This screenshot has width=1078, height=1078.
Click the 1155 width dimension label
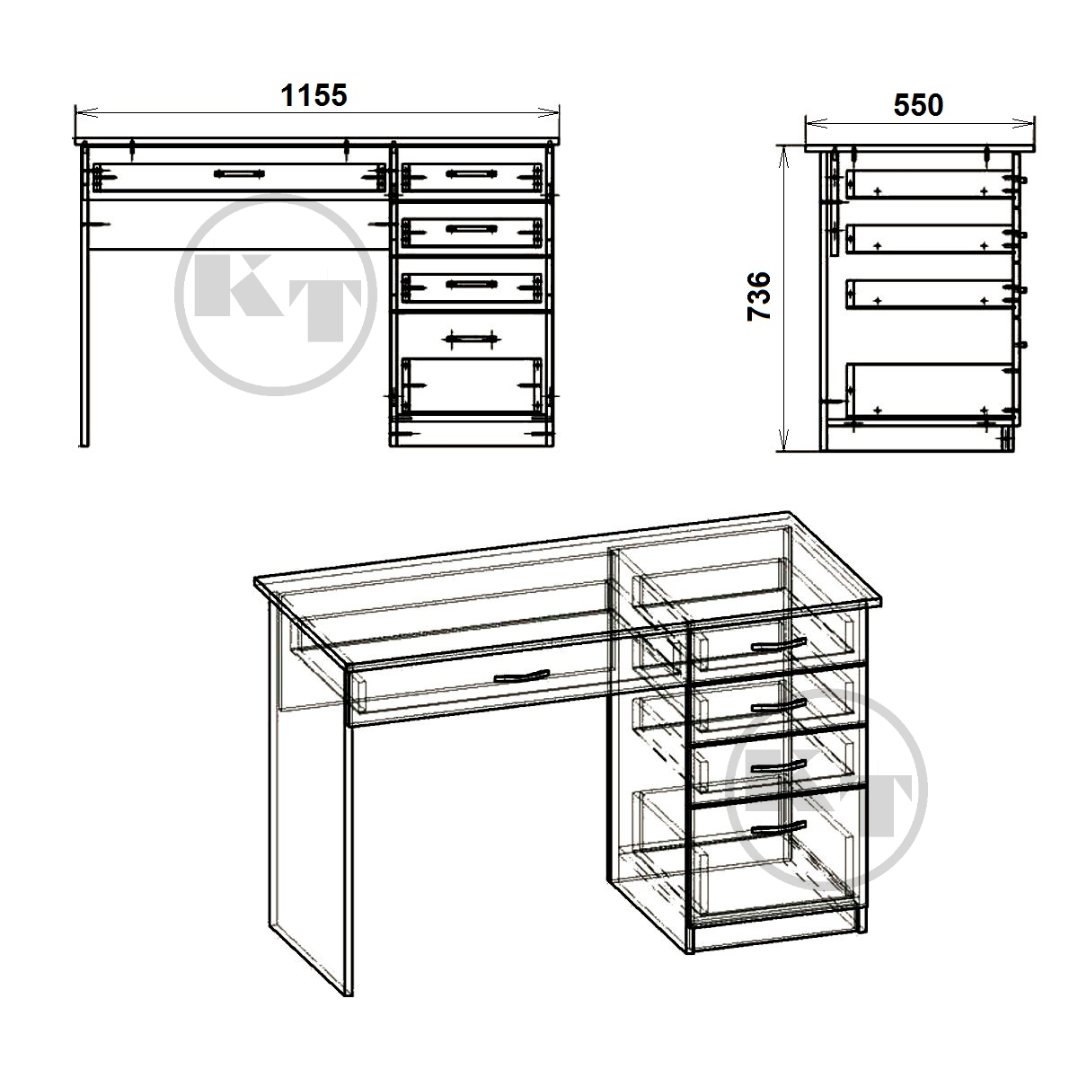click(314, 95)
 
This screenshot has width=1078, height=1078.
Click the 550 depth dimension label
click(918, 105)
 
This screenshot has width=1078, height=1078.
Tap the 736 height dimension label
click(759, 296)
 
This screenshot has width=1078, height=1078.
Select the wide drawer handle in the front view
click(239, 173)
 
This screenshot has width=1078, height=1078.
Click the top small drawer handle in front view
click(471, 173)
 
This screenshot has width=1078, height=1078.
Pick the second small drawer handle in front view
click(471, 228)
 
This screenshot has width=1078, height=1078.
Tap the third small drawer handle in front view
click(471, 284)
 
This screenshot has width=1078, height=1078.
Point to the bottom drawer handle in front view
click(471, 338)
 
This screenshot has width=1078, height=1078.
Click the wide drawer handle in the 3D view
click(522, 676)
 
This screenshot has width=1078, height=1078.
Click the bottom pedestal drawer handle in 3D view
click(778, 827)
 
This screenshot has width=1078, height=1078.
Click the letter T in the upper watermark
click(324, 309)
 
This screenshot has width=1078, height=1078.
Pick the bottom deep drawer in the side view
click(929, 391)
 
